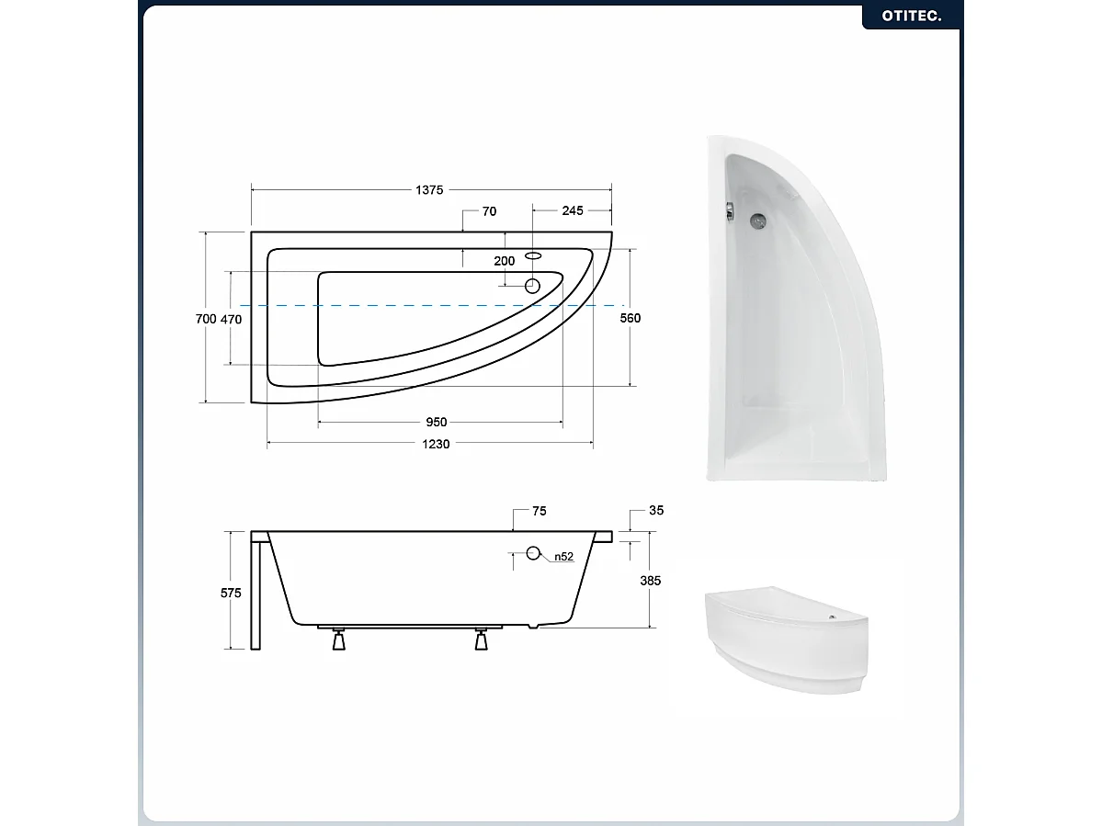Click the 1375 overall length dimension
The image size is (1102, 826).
pyautogui.click(x=429, y=190)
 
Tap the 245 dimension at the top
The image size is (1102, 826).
pyautogui.click(x=572, y=211)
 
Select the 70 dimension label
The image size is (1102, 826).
pyautogui.click(x=489, y=211)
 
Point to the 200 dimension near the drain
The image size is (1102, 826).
pyautogui.click(x=505, y=261)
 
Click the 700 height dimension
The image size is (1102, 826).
pyautogui.click(x=206, y=319)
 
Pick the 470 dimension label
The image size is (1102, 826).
pyautogui.click(x=231, y=319)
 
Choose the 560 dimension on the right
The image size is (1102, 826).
pyautogui.click(x=630, y=318)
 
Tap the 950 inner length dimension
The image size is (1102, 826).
pyautogui.click(x=437, y=423)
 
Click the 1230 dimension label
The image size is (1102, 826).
pyautogui.click(x=437, y=445)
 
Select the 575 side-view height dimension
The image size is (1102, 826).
pyautogui.click(x=231, y=593)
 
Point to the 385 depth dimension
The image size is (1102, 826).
pyautogui.click(x=651, y=581)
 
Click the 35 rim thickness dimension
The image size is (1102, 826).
pyautogui.click(x=655, y=511)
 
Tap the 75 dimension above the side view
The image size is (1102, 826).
pyautogui.click(x=539, y=512)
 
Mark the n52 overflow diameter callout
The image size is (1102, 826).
pyautogui.click(x=563, y=557)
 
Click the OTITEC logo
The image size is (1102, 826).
pyautogui.click(x=911, y=16)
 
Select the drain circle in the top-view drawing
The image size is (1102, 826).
pyautogui.click(x=532, y=285)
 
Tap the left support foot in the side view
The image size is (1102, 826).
pyautogui.click(x=339, y=640)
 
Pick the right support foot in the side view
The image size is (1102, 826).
pyautogui.click(x=481, y=640)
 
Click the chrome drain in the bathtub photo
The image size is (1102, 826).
pyautogui.click(x=758, y=221)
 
